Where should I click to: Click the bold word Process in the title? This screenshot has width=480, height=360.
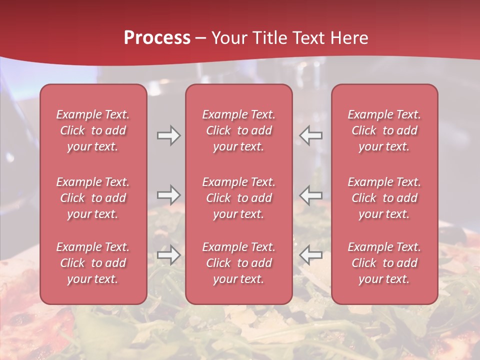click(x=157, y=38)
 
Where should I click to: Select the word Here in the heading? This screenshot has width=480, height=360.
click(x=348, y=38)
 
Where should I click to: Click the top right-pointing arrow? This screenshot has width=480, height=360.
click(x=168, y=136)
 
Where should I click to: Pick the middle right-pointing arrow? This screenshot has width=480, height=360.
click(x=168, y=194)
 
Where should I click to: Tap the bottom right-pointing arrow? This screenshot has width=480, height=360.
click(x=168, y=255)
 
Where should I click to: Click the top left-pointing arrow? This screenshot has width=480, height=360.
click(x=311, y=136)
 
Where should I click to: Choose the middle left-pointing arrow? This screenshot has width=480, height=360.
click(x=311, y=194)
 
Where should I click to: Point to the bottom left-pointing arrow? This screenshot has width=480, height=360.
click(x=311, y=255)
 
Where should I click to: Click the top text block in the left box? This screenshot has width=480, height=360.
click(x=93, y=130)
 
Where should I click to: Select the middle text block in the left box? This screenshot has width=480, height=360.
click(x=93, y=198)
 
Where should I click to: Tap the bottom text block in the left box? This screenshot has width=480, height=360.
click(x=93, y=263)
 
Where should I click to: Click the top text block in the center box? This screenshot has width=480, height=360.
click(x=238, y=130)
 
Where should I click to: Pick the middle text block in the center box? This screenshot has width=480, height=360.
click(x=238, y=198)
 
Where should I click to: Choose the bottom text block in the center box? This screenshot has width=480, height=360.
click(x=238, y=263)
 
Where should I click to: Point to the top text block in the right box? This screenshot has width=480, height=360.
click(x=384, y=130)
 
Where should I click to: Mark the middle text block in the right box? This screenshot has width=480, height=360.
click(x=384, y=198)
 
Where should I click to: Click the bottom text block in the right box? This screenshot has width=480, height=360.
click(x=384, y=263)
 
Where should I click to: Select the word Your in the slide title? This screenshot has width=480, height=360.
click(x=227, y=38)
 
